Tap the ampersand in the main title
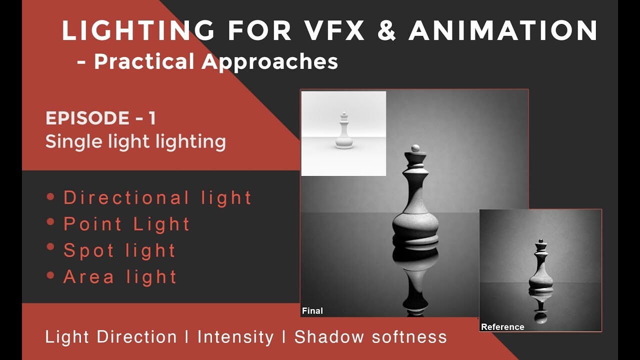(386, 30)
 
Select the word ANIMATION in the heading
(503, 30)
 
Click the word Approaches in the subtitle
(269, 62)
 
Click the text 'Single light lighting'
(135, 141)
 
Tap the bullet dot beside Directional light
(50, 196)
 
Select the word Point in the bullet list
(92, 223)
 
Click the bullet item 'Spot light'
(119, 251)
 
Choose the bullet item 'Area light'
(120, 277)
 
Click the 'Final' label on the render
(312, 311)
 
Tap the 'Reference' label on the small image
(502, 327)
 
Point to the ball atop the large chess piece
(415, 148)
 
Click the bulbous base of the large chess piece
(415, 225)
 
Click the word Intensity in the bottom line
(235, 337)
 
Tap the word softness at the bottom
(409, 337)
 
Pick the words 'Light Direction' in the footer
(111, 337)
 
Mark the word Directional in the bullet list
(126, 197)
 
